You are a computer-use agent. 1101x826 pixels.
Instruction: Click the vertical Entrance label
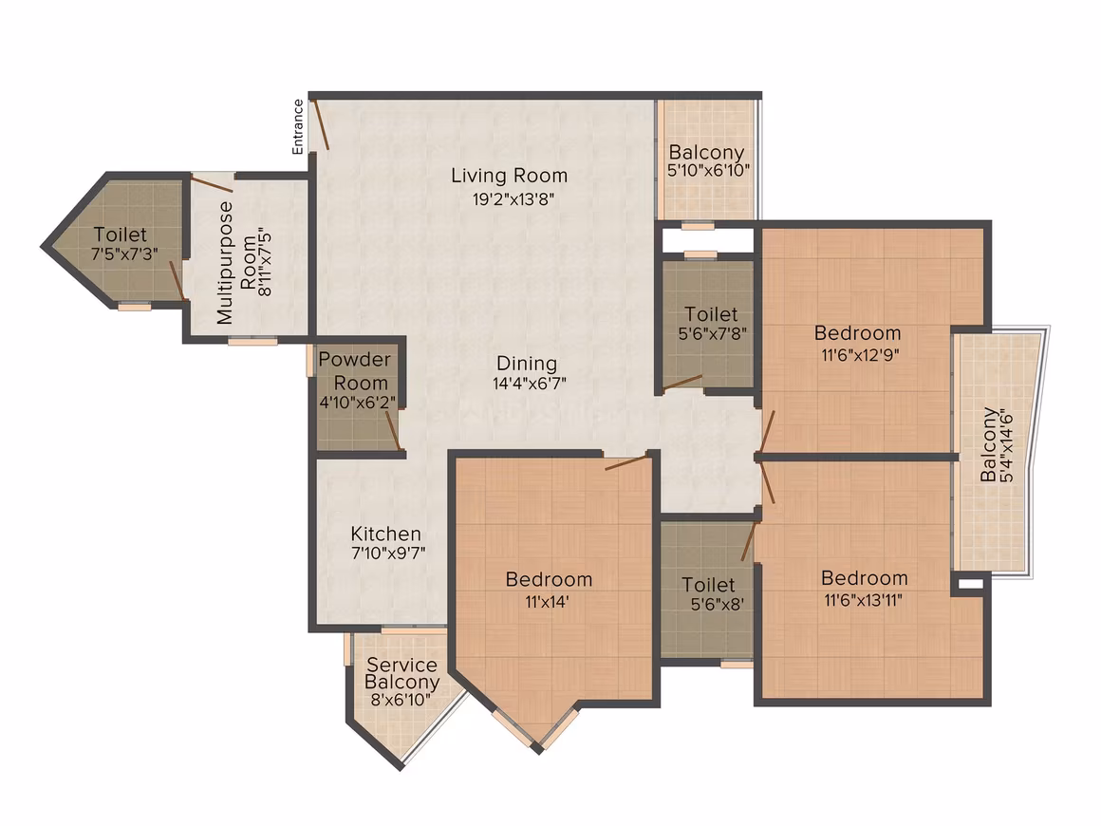click(298, 126)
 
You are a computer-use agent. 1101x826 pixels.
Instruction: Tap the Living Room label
click(509, 175)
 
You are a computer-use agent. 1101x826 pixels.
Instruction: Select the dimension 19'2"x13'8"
click(513, 198)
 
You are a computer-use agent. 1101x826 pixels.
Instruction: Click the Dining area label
click(527, 363)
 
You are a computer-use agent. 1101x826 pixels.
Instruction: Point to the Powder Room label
click(355, 371)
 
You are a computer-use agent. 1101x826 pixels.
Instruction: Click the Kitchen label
click(386, 534)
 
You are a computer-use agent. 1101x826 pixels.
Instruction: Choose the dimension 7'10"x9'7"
click(388, 554)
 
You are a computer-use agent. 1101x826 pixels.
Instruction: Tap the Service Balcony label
click(401, 673)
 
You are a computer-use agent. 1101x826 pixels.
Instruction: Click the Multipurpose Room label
click(236, 263)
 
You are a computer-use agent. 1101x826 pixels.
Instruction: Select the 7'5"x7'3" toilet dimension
click(124, 253)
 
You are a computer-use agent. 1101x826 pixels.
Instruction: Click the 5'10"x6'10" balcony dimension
click(708, 170)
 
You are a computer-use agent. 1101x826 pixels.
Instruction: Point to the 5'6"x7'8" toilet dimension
click(712, 333)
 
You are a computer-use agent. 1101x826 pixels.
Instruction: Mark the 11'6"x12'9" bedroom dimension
click(860, 354)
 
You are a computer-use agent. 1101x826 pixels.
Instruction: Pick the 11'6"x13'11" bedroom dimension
click(863, 600)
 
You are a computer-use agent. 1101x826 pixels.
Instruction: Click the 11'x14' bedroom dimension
click(547, 601)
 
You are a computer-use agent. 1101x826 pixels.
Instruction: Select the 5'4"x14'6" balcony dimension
click(1007, 445)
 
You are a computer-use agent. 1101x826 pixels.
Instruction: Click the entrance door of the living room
click(321, 124)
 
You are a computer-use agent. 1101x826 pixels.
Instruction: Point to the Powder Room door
click(393, 430)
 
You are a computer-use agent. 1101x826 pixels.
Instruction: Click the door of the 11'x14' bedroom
click(625, 462)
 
